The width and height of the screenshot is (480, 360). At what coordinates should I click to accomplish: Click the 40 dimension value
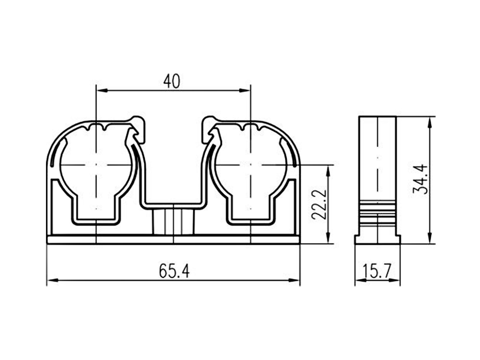[x=172, y=81]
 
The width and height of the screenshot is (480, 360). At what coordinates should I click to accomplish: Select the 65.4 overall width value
[x=174, y=271]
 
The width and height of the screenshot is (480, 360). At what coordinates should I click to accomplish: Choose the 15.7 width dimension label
[x=377, y=271]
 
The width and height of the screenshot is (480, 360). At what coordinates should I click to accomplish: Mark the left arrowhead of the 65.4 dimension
[x=53, y=280]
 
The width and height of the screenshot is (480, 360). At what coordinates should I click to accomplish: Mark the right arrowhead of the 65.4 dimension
[x=294, y=280]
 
